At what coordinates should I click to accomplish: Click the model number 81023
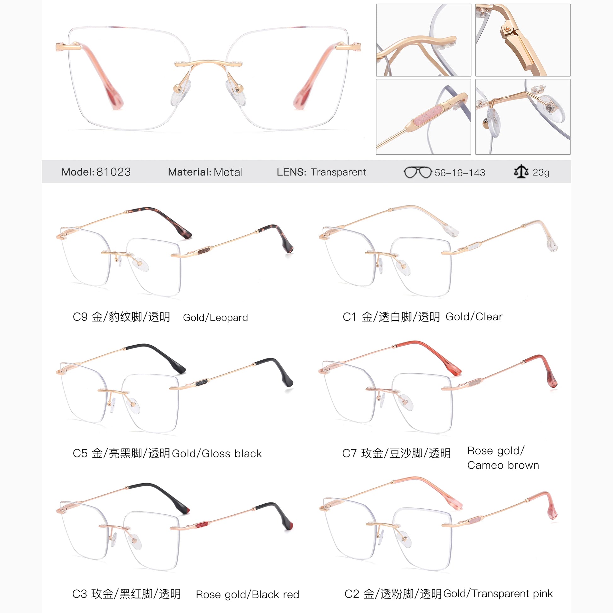113,172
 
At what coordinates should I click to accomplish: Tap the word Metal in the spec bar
228,172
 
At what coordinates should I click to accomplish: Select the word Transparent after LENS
339,172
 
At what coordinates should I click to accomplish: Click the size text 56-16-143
460,173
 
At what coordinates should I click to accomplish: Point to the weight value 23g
541,172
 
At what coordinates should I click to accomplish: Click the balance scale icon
521,172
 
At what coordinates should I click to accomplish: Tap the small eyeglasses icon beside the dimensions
418,172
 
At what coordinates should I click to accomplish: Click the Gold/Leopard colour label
215,318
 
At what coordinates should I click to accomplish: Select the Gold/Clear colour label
474,317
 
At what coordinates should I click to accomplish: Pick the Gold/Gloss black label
217,454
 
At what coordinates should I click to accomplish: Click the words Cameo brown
503,465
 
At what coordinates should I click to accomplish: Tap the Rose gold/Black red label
248,595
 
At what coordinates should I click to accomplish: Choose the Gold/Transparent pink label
498,594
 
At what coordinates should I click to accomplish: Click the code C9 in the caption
80,317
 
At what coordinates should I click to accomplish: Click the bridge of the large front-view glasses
208,63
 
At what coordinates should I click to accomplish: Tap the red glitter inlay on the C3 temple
202,524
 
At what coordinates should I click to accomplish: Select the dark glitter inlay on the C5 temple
202,383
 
